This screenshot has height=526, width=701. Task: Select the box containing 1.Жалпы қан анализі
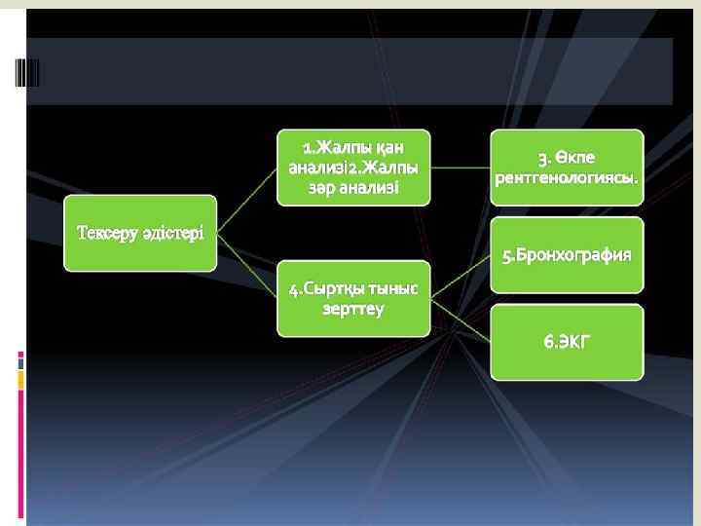[352, 167]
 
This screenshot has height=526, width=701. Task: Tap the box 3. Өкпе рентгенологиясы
[567, 167]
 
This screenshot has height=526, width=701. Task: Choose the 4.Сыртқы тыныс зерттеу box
[352, 298]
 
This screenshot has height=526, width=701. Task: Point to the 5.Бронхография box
[567, 255]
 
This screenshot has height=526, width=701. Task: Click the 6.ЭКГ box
[567, 342]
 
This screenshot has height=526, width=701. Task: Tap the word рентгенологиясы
[567, 178]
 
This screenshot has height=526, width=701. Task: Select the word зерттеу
[352, 309]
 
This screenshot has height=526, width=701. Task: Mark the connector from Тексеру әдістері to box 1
[247, 200]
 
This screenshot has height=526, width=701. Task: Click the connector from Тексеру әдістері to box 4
[247, 264]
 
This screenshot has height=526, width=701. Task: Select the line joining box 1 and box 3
[460, 167]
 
